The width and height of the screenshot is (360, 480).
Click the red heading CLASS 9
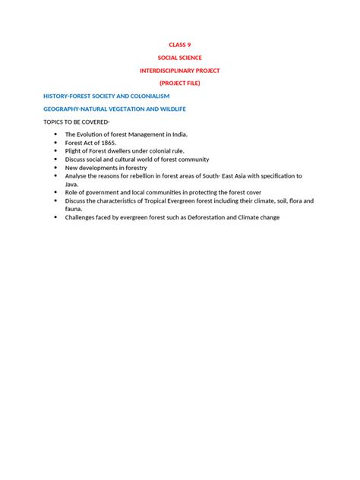[x=180, y=45]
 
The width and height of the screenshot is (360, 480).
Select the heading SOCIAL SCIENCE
[x=180, y=58]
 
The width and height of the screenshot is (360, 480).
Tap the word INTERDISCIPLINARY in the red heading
[x=167, y=70]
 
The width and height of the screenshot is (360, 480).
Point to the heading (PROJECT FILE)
[x=180, y=83]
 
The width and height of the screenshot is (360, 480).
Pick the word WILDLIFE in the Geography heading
[x=168, y=109]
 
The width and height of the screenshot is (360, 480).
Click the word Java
[x=72, y=184]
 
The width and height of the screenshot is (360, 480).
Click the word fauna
[x=74, y=209]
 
